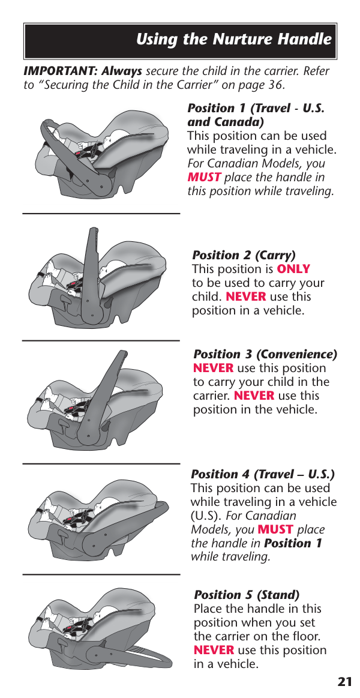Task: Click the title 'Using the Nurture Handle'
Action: pyautogui.click(x=234, y=40)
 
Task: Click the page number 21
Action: pyautogui.click(x=345, y=682)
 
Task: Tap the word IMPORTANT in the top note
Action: pyautogui.click(x=61, y=71)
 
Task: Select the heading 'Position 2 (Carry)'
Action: pyautogui.click(x=244, y=255)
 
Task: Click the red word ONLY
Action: pyautogui.click(x=293, y=269)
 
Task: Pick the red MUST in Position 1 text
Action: pyautogui.click(x=204, y=177)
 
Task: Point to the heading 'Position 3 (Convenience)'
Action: pyautogui.click(x=265, y=354)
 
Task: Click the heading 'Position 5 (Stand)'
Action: pyautogui.click(x=247, y=595)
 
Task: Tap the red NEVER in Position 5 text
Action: pyautogui.click(x=214, y=650)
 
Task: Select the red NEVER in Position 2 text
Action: pyautogui.click(x=246, y=297)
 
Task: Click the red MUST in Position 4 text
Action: pyautogui.click(x=275, y=530)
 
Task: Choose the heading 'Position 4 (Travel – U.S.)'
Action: pyautogui.click(x=263, y=475)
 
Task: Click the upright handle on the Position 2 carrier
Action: pyautogui.click(x=92, y=271)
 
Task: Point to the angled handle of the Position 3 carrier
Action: pyautogui.click(x=103, y=396)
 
